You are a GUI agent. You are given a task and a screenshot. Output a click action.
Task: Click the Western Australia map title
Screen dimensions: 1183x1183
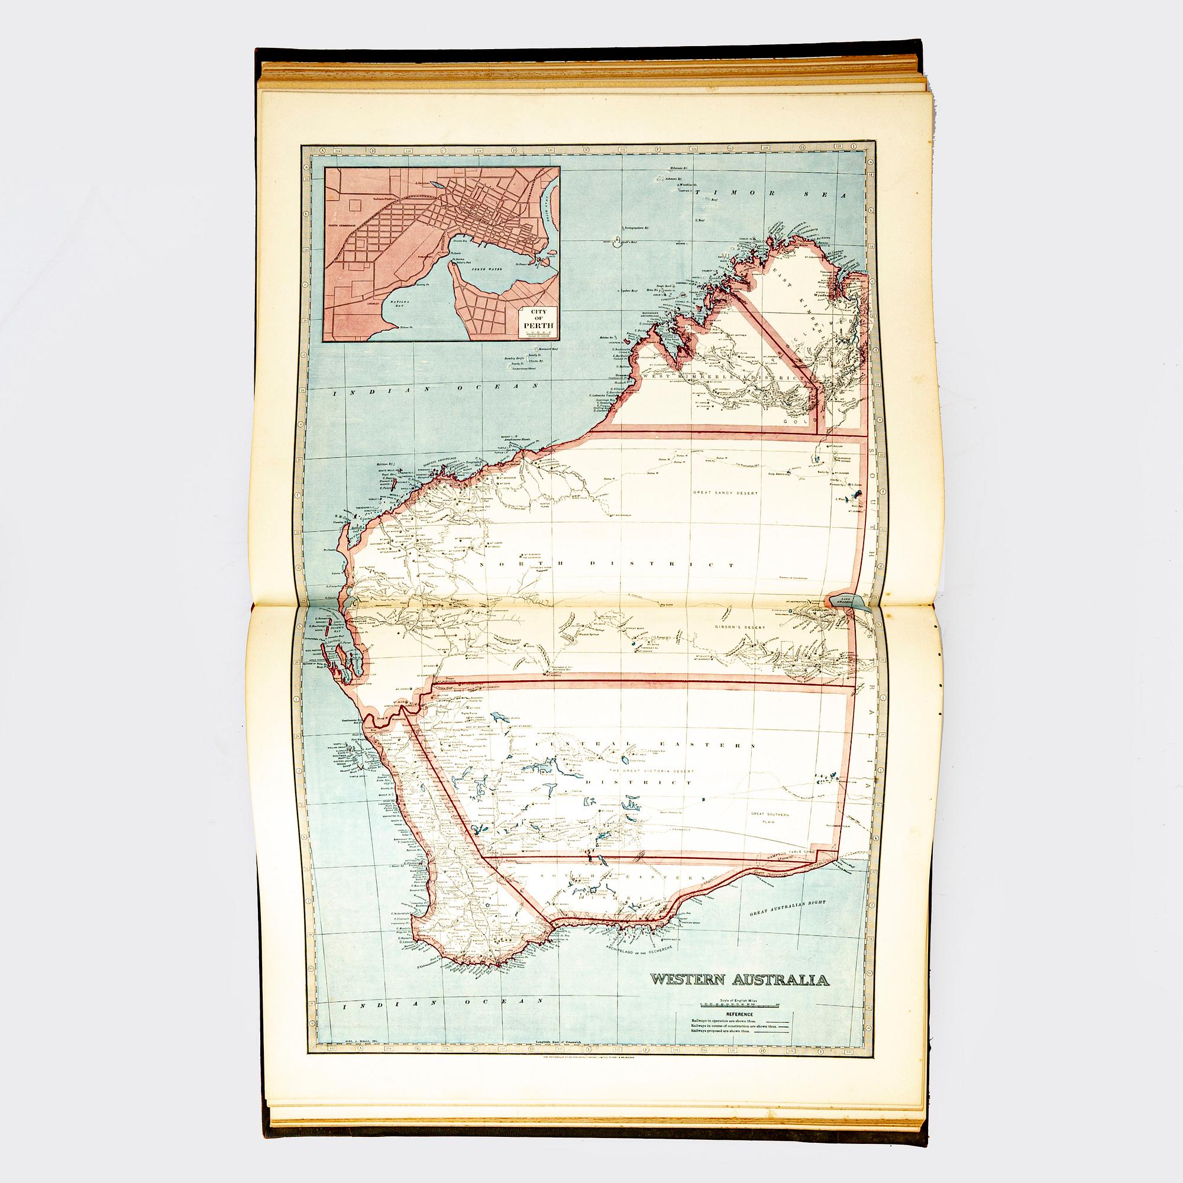[x=740, y=980]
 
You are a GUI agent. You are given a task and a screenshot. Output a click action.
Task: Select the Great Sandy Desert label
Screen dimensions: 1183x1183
[x=726, y=492]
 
